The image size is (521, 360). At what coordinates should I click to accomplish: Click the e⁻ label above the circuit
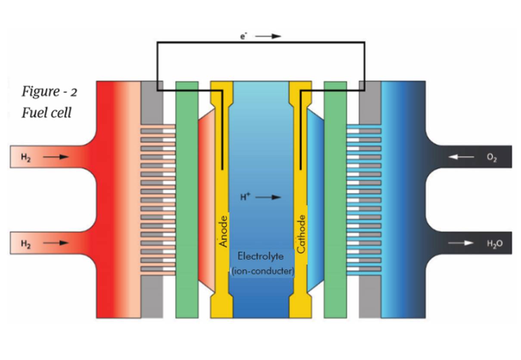click(x=244, y=37)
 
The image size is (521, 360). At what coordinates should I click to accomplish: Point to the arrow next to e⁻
click(x=268, y=37)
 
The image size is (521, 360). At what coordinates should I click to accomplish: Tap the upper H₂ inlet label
click(x=26, y=157)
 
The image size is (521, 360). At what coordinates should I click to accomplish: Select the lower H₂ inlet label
click(x=26, y=243)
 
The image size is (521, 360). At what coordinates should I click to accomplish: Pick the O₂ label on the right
click(x=492, y=158)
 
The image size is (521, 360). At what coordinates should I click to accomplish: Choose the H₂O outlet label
click(x=494, y=244)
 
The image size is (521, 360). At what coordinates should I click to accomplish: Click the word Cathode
click(x=301, y=234)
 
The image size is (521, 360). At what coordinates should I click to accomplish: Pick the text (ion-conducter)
click(x=262, y=272)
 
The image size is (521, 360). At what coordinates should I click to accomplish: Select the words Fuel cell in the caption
click(x=47, y=113)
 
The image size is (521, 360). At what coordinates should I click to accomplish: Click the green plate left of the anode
click(x=187, y=199)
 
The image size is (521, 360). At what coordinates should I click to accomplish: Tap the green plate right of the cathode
click(x=335, y=199)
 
